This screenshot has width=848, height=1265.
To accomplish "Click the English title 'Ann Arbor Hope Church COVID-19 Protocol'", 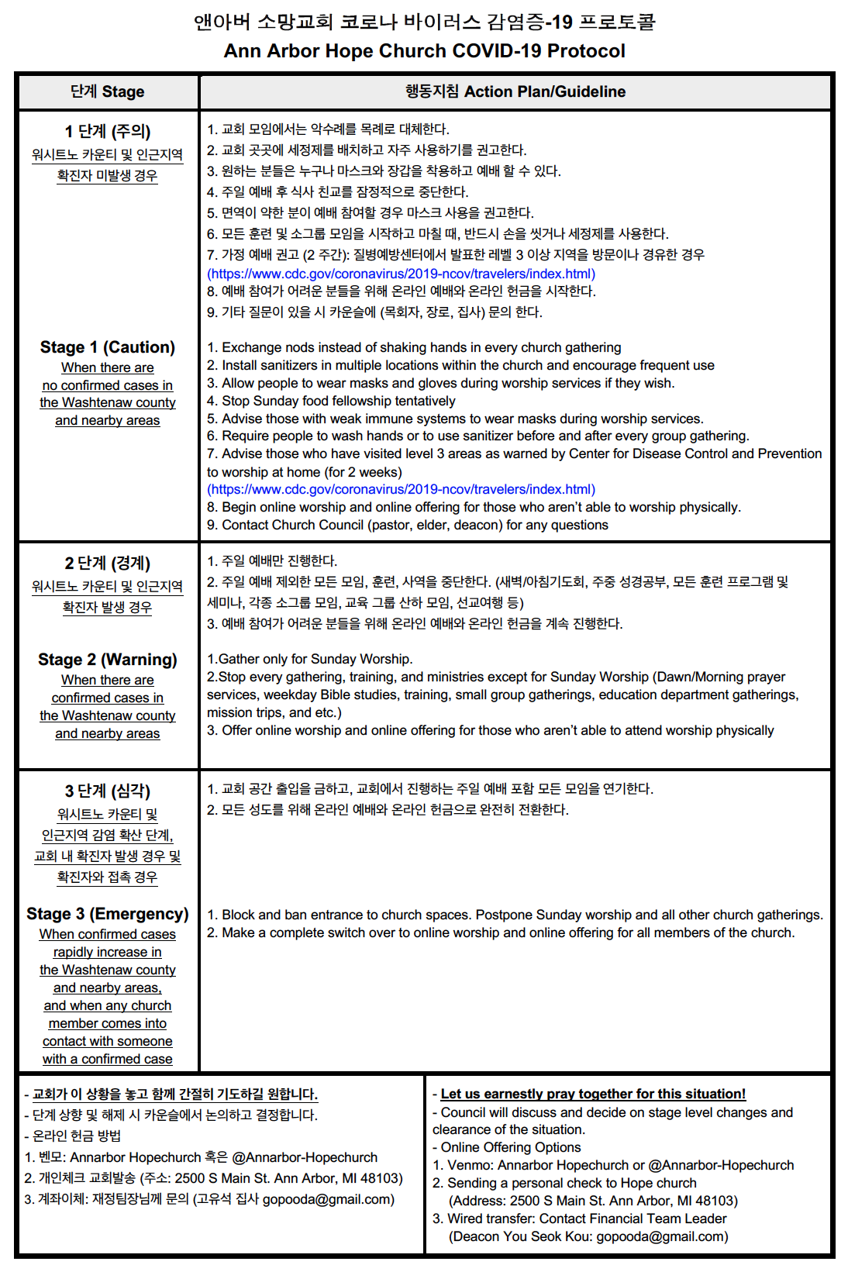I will [x=424, y=51].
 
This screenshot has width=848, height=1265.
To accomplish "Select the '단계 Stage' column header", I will [x=107, y=91].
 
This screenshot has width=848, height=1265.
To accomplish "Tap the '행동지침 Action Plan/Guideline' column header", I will [x=515, y=91].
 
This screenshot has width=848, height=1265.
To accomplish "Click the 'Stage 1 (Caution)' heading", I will [x=108, y=347].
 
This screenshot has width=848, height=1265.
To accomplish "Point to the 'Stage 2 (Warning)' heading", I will [x=108, y=660].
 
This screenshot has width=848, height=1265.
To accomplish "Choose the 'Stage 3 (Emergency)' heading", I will [x=108, y=914].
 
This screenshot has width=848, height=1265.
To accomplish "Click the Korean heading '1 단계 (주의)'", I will [x=108, y=131].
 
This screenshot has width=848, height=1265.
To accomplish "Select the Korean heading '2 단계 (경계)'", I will [x=108, y=563].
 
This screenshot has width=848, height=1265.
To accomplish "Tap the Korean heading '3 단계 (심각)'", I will [x=108, y=791].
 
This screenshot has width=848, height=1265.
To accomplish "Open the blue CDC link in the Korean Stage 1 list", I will [x=401, y=274].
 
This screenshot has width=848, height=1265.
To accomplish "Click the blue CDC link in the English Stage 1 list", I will [x=401, y=489].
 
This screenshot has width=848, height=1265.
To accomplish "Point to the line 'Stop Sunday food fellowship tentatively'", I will [x=331, y=401].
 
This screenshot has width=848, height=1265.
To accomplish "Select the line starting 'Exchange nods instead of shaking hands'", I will [x=414, y=347].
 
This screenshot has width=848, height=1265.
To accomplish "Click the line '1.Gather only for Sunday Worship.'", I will [x=309, y=659].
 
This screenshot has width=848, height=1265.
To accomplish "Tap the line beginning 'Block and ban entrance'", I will [x=515, y=915].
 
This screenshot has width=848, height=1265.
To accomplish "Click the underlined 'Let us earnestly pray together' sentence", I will [x=593, y=1094].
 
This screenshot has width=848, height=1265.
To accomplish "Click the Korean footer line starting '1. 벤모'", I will [x=201, y=1157].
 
